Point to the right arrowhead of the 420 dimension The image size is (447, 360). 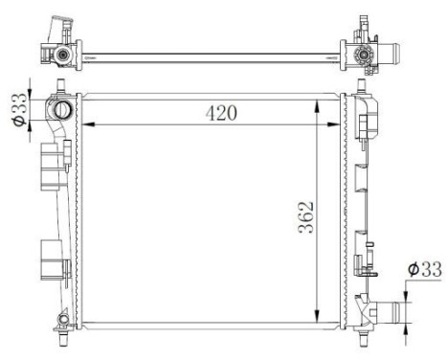337,124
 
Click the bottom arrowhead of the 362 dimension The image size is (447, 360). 317,326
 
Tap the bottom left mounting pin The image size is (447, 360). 62,337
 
